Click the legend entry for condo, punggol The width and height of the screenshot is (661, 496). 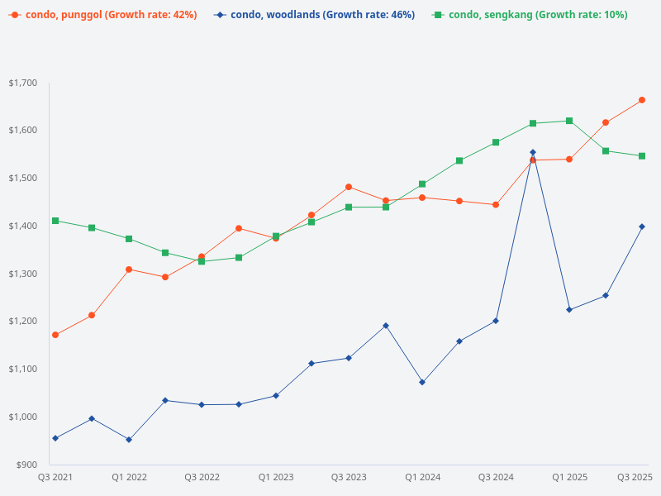(103, 15)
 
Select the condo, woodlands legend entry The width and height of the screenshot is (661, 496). (314, 15)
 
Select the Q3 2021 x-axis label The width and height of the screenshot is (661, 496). (55, 477)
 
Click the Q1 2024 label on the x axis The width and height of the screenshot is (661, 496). (422, 477)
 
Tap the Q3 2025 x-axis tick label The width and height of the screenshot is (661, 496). (635, 477)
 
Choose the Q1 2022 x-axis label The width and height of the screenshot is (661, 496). (129, 477)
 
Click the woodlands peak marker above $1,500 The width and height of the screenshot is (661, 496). (532, 152)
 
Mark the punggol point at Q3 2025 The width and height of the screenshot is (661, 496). (642, 100)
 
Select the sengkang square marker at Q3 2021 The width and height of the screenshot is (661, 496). (55, 221)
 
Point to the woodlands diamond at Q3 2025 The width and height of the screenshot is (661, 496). (642, 227)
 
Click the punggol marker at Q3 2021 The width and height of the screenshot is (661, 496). (55, 335)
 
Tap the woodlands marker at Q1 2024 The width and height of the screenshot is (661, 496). (422, 382)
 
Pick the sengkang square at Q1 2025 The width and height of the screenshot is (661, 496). (569, 121)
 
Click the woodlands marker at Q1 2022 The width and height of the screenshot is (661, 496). (129, 439)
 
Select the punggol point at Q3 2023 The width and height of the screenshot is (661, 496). (349, 187)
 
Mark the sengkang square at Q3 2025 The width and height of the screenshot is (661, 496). (642, 155)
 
